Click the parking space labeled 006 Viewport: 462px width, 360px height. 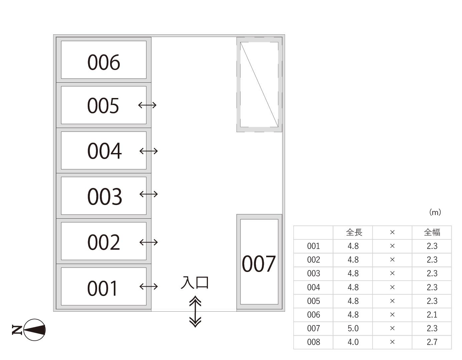[x=103, y=60]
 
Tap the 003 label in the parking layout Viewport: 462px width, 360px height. [x=105, y=197]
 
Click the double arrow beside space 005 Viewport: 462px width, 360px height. [x=147, y=105]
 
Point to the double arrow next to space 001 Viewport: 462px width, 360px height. [x=148, y=286]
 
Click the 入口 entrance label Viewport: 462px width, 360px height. [x=194, y=283]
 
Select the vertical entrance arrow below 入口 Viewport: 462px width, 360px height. [x=195, y=311]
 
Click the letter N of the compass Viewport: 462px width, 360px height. [x=17, y=330]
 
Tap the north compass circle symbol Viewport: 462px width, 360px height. [x=34, y=330]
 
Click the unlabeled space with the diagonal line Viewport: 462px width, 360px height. [x=259, y=85]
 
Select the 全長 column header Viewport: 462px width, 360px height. [x=354, y=232]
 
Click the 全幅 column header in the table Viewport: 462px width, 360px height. [x=432, y=232]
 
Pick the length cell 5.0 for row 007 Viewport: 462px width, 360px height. [x=353, y=328]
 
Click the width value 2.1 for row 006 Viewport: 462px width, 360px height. [x=432, y=315]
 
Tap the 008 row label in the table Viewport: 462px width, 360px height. [x=314, y=342]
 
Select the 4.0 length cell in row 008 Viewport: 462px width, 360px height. [x=353, y=342]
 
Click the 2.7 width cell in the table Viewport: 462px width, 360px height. [x=432, y=342]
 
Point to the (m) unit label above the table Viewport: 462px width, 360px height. [x=435, y=212]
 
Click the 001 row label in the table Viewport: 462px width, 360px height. [x=314, y=246]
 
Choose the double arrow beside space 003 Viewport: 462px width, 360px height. [x=148, y=194]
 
